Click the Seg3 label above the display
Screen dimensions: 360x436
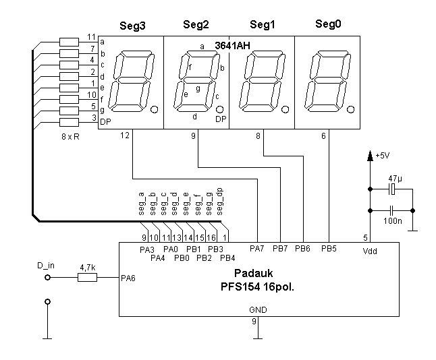(x=132, y=26)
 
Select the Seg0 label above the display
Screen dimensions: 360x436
(x=329, y=24)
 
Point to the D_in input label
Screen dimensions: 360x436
(x=46, y=267)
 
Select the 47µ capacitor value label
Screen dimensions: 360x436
(x=395, y=179)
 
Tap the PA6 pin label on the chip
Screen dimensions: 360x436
(x=128, y=277)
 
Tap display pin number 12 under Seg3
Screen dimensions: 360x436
(x=124, y=136)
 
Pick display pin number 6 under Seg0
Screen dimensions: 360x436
(x=323, y=136)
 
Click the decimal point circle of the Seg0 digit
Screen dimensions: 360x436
(x=352, y=109)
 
